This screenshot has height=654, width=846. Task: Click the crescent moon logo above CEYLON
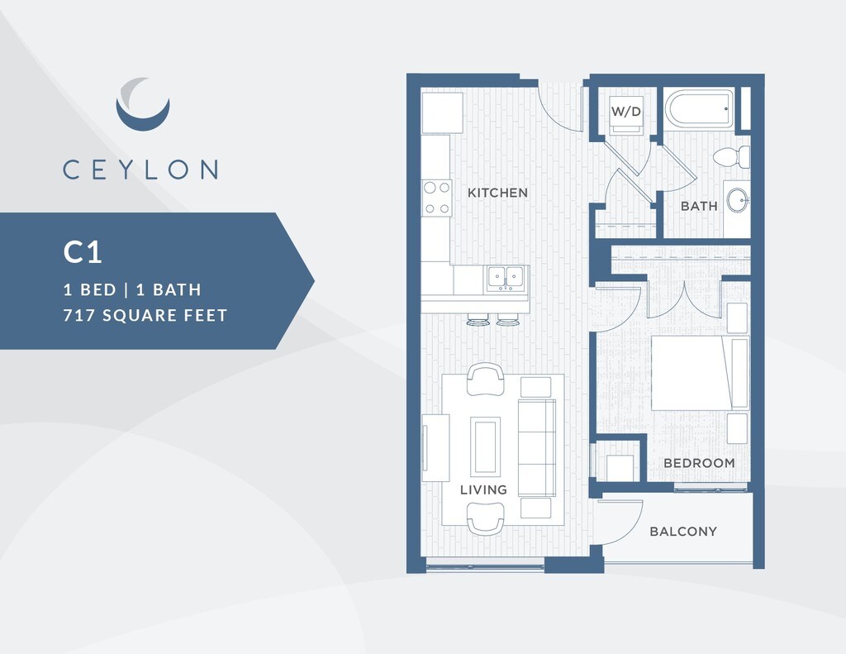[x=142, y=104]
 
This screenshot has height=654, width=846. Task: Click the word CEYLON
[x=140, y=169]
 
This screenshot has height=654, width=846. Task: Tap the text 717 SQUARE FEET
[x=145, y=315]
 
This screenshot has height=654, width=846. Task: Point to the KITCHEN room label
[x=497, y=193]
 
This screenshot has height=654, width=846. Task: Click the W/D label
[x=625, y=111]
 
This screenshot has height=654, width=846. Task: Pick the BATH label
[x=699, y=206]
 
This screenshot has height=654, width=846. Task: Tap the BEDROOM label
[x=699, y=463]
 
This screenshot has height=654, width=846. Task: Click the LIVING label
[x=483, y=489]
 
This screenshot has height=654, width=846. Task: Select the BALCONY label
[x=682, y=532]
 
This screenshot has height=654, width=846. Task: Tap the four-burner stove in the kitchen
[x=436, y=198]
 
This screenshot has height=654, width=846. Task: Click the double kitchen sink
[x=506, y=278]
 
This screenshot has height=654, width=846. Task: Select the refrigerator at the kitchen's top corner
[x=442, y=112]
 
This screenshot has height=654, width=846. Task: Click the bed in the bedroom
[x=698, y=373]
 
